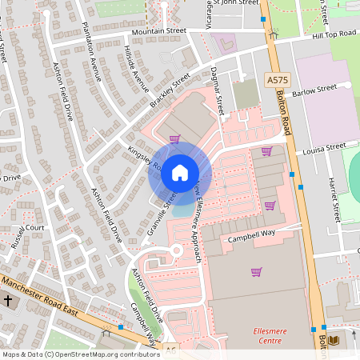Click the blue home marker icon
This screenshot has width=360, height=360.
[180, 173]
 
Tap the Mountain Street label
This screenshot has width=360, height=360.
[158, 31]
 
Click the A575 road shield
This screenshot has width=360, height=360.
[277, 80]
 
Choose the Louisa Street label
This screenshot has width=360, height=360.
[323, 147]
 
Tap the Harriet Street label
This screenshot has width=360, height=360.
[337, 200]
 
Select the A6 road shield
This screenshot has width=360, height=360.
[170, 350]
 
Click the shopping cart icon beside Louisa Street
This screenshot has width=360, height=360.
[266, 150]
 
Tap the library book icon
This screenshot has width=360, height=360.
[334, 340]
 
